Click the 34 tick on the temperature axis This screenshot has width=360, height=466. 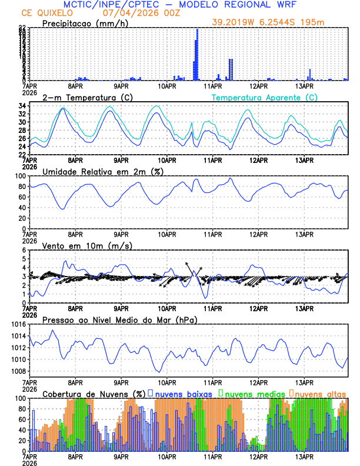[21, 106]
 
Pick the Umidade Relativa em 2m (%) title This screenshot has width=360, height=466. [103, 171]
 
